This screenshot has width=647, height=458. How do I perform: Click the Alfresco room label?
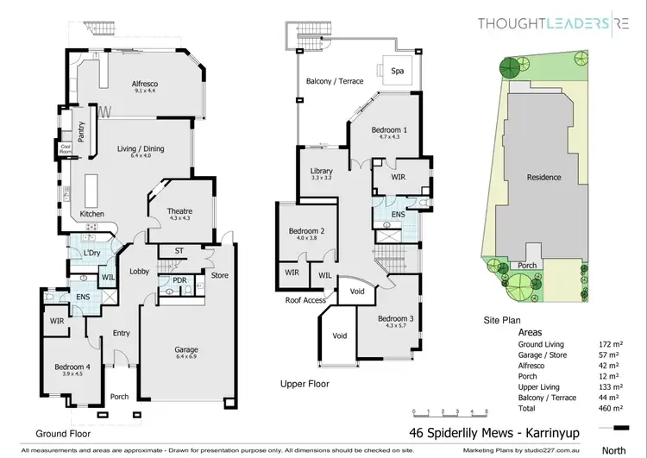[145, 84]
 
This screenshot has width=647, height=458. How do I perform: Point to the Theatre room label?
[180, 211]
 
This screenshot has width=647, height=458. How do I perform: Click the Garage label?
[186, 350]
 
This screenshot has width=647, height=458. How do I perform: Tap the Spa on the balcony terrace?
[399, 71]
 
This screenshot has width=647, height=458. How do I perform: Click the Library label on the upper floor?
[321, 172]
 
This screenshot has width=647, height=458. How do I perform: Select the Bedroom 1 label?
[390, 130]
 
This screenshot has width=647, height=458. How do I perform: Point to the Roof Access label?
[306, 300]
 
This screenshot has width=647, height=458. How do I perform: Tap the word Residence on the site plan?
[544, 178]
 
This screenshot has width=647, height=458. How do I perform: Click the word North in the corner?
[614, 449]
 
